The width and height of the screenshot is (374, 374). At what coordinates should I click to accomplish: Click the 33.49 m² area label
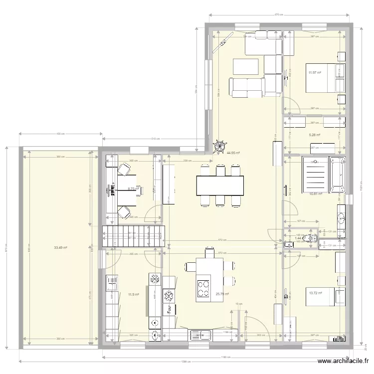point(61,247)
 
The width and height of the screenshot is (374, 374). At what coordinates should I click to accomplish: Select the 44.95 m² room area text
point(233,154)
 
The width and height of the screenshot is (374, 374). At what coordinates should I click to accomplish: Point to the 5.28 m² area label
point(315,135)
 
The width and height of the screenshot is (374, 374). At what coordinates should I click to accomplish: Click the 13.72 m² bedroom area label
point(315,293)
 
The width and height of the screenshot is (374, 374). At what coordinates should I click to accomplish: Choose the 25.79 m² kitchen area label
point(222,294)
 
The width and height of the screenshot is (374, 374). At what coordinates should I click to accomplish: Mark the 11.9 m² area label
point(133,294)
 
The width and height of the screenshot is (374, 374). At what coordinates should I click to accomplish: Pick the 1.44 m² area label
point(298,238)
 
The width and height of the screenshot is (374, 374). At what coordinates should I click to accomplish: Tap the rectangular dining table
point(220,186)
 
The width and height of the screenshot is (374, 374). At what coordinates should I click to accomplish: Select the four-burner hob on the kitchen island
point(204,288)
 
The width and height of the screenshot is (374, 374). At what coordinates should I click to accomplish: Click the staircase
point(133,236)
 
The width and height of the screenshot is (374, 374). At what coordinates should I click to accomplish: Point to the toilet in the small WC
point(311,239)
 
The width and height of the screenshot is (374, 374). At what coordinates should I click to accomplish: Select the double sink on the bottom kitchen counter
point(201,335)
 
